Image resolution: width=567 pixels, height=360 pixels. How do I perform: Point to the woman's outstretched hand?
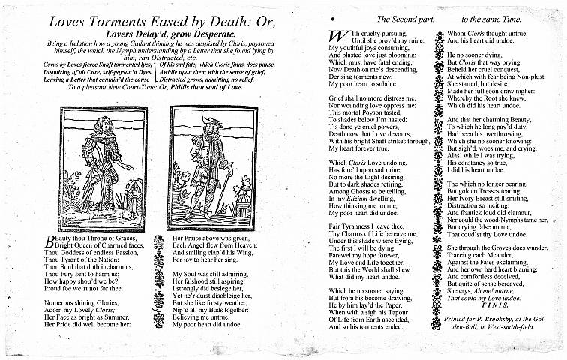pos(130,166)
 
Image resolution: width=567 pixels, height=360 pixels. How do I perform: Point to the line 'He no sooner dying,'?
pos(472,55)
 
